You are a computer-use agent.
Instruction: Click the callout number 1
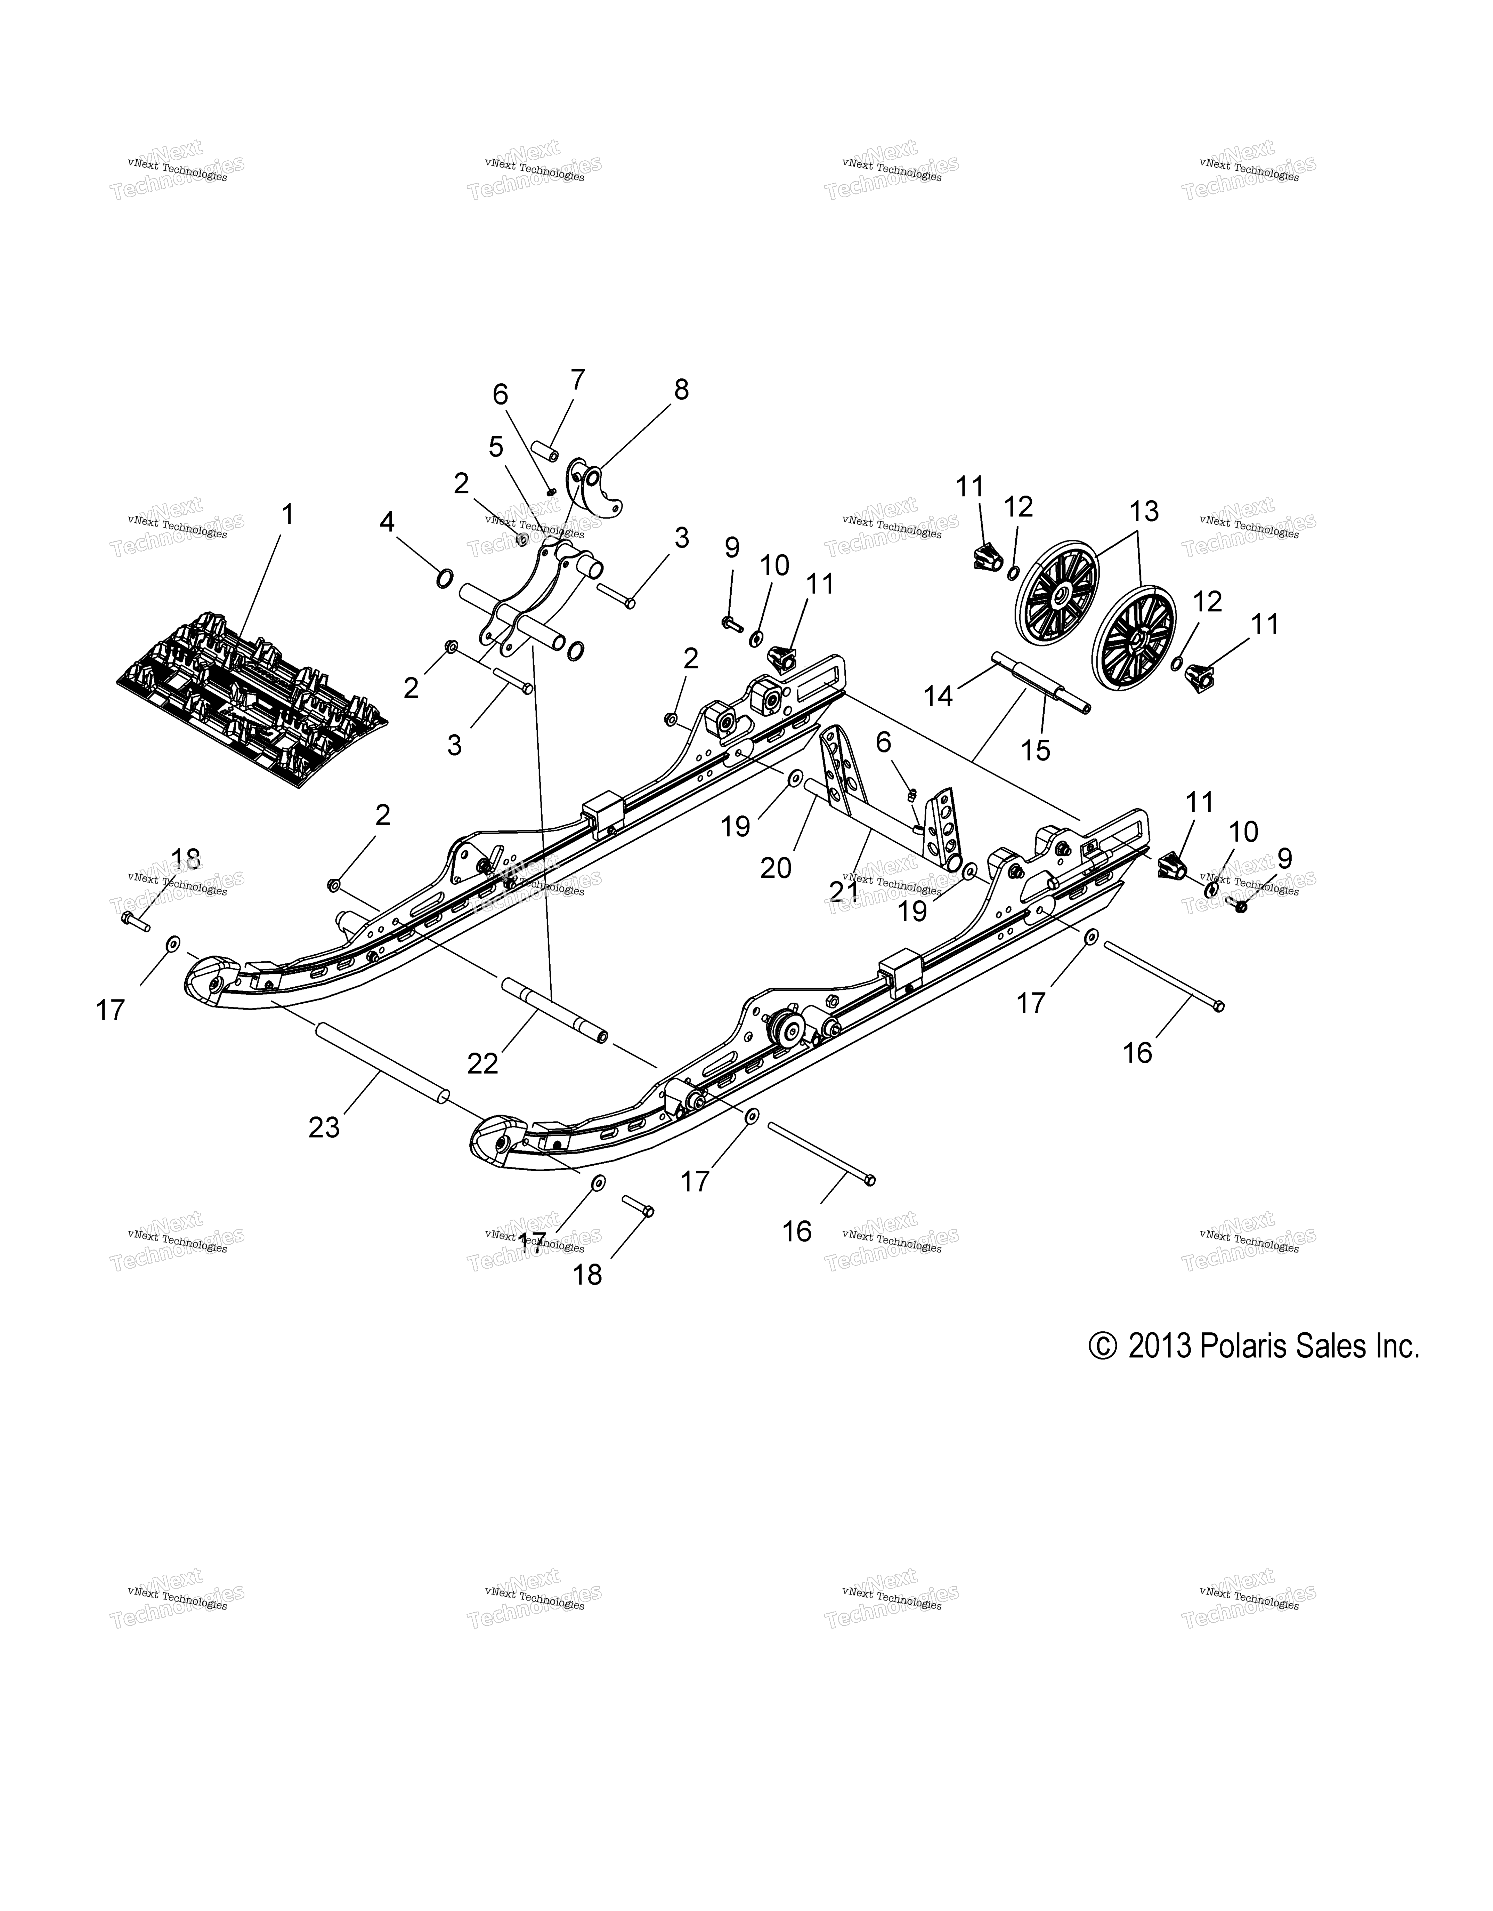pyautogui.click(x=287, y=515)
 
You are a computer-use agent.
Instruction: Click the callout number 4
pyautogui.click(x=387, y=522)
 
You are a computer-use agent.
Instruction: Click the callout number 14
pyautogui.click(x=939, y=697)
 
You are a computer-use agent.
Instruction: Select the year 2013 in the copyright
pyautogui.click(x=1160, y=1346)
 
